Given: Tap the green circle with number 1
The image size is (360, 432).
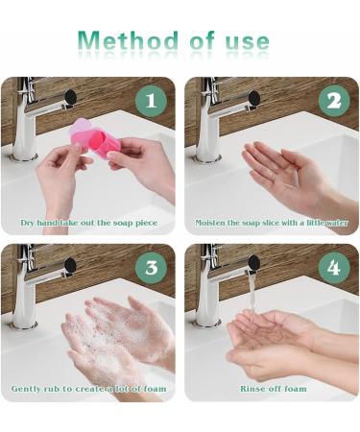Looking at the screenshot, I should click(150, 101).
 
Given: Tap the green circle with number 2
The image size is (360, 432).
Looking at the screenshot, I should click(333, 101).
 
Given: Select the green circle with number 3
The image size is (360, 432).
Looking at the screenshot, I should click(150, 268).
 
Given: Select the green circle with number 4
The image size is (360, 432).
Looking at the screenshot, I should click(333, 268).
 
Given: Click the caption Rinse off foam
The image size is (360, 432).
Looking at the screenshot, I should click(272, 389).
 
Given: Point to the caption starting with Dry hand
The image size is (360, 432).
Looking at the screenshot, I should click(88, 222).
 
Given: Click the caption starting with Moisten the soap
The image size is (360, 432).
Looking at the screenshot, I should click(272, 222).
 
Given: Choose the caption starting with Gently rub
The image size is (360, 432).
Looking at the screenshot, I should click(88, 389).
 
